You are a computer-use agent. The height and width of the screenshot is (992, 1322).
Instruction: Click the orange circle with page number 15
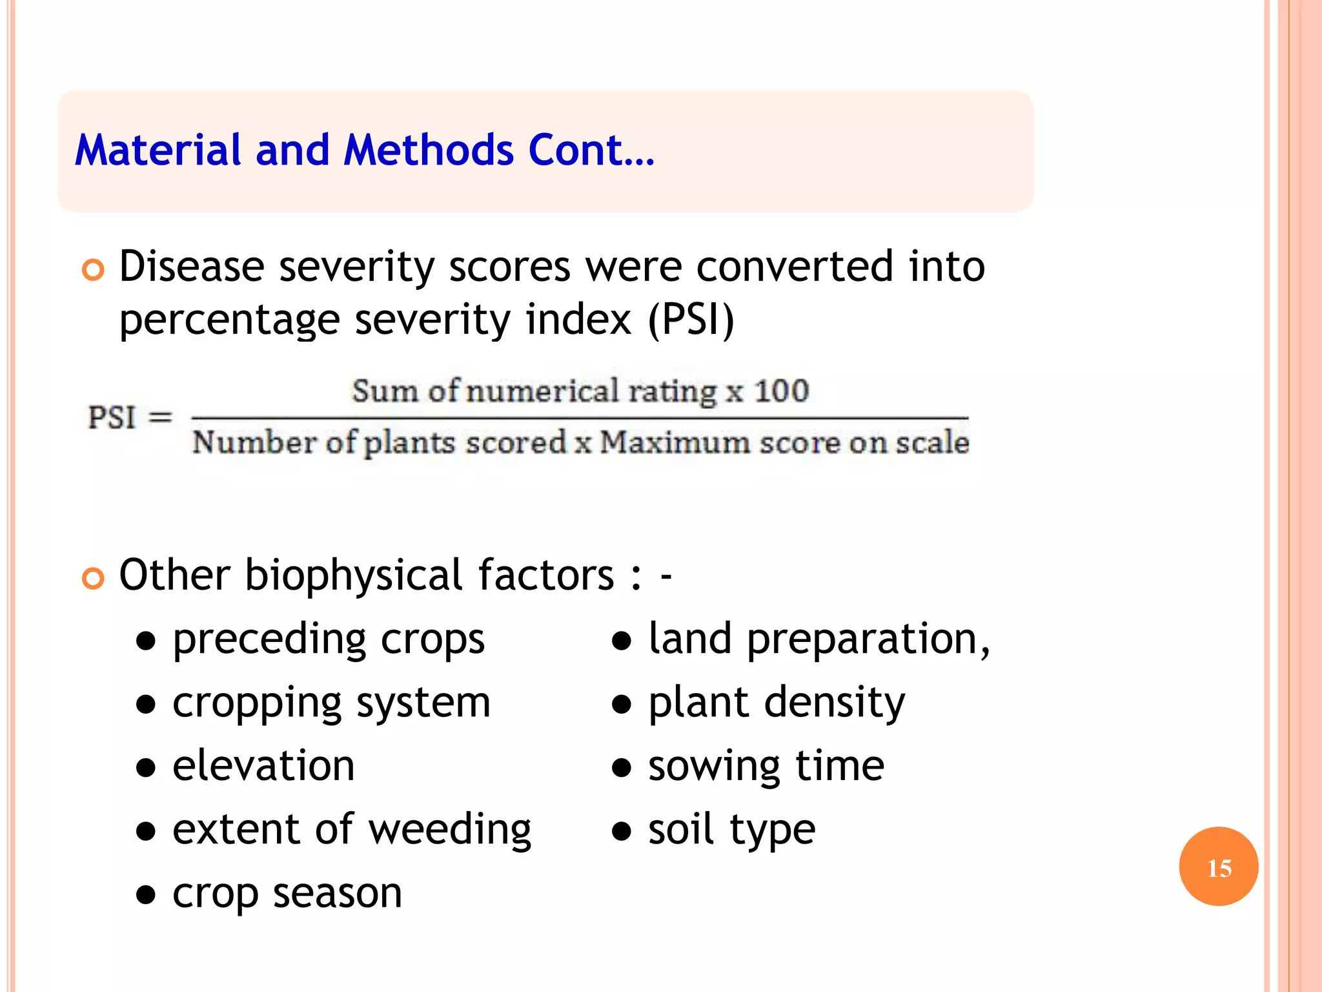tap(1218, 867)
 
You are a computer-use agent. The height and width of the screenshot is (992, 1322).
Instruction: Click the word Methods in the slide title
tap(429, 150)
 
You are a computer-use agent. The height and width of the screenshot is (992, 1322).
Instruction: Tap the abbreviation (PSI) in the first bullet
tap(691, 320)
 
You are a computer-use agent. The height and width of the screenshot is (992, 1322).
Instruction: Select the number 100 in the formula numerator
tap(781, 391)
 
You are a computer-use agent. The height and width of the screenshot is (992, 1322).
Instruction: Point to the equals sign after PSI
tap(160, 417)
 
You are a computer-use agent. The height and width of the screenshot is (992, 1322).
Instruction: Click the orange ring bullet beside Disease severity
tap(93, 270)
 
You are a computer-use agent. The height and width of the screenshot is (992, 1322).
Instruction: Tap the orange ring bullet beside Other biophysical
tap(93, 578)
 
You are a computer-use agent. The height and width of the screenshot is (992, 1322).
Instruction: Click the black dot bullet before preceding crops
tap(147, 641)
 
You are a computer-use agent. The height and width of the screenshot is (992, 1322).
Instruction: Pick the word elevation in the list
tap(263, 766)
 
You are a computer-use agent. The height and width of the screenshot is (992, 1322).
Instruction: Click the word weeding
tap(450, 830)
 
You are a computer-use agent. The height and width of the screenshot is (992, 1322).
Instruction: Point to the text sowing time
tap(766, 767)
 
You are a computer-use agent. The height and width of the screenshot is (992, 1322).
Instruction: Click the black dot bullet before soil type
tap(621, 831)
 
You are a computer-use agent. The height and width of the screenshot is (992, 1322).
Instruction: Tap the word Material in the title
tap(158, 150)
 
